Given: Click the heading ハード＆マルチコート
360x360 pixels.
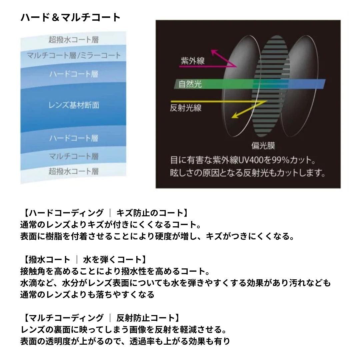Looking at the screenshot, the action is click(x=70, y=17).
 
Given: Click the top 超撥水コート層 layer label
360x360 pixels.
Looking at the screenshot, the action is click(x=73, y=39).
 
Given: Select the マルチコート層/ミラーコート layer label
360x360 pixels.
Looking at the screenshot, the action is click(x=73, y=55).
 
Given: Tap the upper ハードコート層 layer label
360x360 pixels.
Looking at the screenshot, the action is click(x=73, y=74).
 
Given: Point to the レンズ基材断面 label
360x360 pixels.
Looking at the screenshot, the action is click(x=74, y=105).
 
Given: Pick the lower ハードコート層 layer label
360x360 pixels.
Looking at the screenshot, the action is click(x=73, y=138).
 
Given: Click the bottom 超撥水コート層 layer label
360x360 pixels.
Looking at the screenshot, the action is click(x=73, y=171).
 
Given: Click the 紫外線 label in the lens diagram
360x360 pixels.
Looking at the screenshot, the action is click(x=193, y=61).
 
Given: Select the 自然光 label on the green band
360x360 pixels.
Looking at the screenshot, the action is click(x=190, y=84).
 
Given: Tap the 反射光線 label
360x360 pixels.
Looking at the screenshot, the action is click(x=186, y=108).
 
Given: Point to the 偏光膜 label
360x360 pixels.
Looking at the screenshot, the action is click(x=263, y=146).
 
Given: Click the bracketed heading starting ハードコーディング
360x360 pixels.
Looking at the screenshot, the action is click(x=106, y=213).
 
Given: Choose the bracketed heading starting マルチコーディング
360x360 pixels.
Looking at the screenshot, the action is click(x=101, y=318).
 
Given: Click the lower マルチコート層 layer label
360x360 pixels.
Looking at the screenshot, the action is click(x=73, y=156).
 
